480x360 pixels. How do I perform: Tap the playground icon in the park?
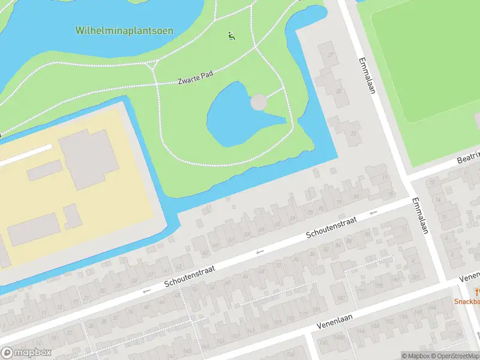pyautogui.click(x=232, y=36)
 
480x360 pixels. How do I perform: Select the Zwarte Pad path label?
pyautogui.click(x=196, y=79)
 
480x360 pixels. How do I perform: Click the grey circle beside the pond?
pyautogui.click(x=259, y=103)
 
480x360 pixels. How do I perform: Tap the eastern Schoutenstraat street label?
pyautogui.click(x=331, y=227)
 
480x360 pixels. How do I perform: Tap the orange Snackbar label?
pyautogui.click(x=467, y=302)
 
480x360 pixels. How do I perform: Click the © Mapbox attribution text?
pyautogui.click(x=413, y=356)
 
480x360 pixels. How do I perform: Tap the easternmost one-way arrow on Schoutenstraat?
pyautogui.click(x=373, y=212)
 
